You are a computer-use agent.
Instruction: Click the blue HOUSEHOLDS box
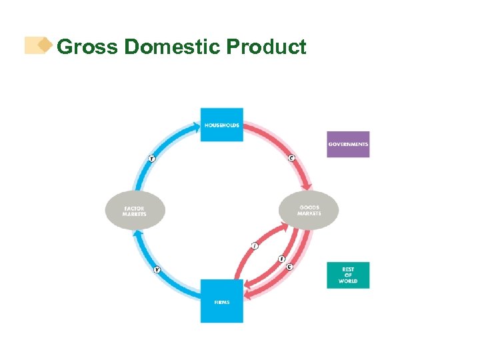pyautogui.click(x=222, y=125)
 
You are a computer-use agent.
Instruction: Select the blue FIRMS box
pyautogui.click(x=222, y=301)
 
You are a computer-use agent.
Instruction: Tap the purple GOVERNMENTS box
pyautogui.click(x=348, y=144)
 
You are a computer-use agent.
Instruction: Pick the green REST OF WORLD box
pyautogui.click(x=348, y=275)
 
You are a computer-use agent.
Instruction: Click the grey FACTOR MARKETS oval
pyautogui.click(x=135, y=211)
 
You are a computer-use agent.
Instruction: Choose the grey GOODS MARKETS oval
pyautogui.click(x=309, y=211)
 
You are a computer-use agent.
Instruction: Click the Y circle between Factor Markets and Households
pyautogui.click(x=152, y=158)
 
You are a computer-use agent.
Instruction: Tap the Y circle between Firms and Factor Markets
pyautogui.click(x=157, y=269)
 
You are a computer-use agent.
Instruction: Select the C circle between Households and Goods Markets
pyautogui.click(x=291, y=158)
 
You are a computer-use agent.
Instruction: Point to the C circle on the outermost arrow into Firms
pyautogui.click(x=289, y=267)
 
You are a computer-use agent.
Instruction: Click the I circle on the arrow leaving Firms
pyautogui.click(x=254, y=246)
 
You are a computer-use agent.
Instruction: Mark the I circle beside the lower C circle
pyautogui.click(x=281, y=259)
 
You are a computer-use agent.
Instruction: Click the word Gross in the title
pyautogui.click(x=87, y=47)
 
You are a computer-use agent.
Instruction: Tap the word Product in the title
pyautogui.click(x=266, y=47)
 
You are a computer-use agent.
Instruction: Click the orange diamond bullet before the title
pyautogui.click(x=45, y=45)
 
